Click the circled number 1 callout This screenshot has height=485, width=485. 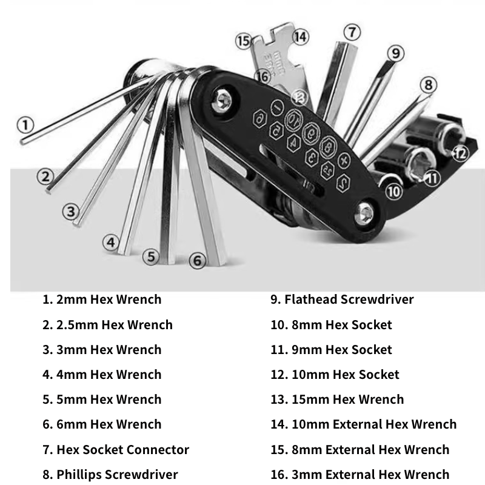click(x=25, y=125)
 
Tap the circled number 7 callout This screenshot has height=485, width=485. click(x=351, y=32)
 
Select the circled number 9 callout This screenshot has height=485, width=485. click(x=395, y=54)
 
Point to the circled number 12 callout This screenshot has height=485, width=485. click(x=461, y=153)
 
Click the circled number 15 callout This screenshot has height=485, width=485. click(x=244, y=41)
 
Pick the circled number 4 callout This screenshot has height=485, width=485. click(x=110, y=242)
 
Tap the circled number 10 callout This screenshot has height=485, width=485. click(x=394, y=192)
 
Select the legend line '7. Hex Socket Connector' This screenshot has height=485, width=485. click(x=116, y=450)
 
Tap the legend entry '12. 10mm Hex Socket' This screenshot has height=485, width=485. click(x=335, y=375)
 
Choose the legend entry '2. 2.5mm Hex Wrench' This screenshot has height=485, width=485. click(x=107, y=325)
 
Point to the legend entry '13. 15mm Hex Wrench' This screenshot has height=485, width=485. click(x=336, y=400)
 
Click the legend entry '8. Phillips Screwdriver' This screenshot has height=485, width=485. click(x=110, y=475)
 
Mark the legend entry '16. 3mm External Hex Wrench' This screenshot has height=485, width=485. click(x=360, y=475)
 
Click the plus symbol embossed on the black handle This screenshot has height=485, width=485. click(x=344, y=160)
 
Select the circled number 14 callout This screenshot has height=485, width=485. click(x=301, y=36)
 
